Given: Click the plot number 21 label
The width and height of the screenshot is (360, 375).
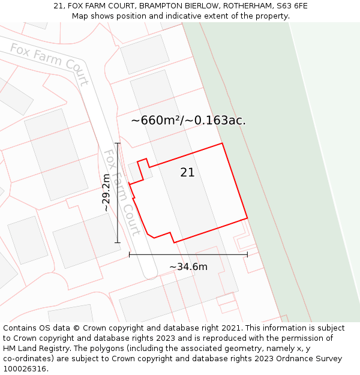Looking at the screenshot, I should point(187,173).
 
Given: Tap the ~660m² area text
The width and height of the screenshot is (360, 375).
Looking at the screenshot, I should point(156,121).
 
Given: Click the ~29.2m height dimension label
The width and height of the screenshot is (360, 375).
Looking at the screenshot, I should point(106,193).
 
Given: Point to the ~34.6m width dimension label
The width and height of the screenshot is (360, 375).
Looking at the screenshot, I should point(188,267).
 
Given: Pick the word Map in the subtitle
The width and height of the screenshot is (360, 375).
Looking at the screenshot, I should point(80,16).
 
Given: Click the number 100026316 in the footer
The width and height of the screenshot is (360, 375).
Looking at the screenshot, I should point(23,369).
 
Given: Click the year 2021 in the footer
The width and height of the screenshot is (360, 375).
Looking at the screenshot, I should point(230,328).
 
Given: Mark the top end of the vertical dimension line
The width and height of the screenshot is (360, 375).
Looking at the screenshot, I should point(118,143).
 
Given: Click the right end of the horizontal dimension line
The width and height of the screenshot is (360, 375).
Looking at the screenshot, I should point(247,254).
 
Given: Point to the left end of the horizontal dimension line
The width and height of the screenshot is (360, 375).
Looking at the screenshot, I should point(130,254).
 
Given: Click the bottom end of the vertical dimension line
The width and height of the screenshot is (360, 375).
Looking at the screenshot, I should point(118,242).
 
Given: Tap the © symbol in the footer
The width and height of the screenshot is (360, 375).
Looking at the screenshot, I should point(76,328).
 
